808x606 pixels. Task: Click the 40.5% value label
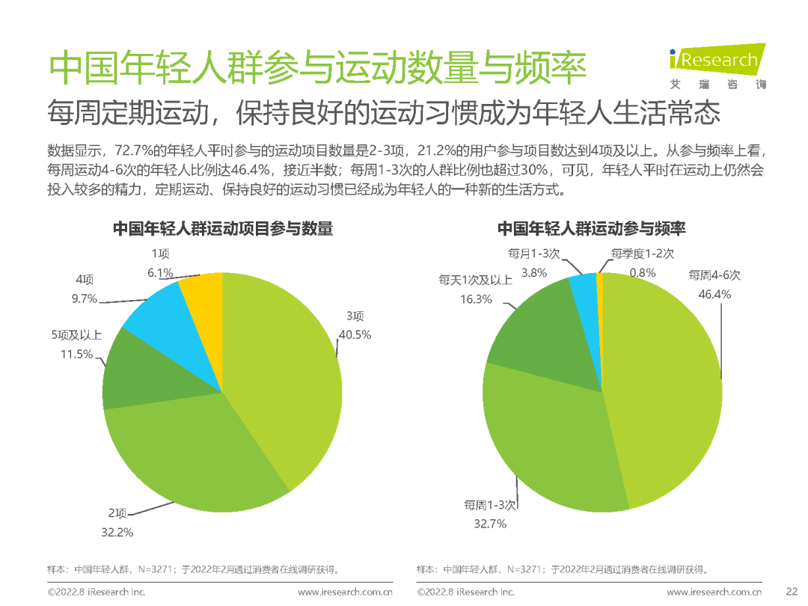pos(354,334)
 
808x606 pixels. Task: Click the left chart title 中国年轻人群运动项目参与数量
pos(222,229)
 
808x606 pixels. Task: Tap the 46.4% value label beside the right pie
pos(714,294)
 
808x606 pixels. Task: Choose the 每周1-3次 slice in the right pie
pos(554,441)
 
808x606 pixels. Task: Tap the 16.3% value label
pos(475,299)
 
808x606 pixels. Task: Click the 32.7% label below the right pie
pos(490,524)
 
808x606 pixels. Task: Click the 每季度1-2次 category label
pos(642,254)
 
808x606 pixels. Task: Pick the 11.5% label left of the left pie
pos(77,354)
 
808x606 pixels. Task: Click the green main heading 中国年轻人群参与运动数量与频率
pos(317,69)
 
